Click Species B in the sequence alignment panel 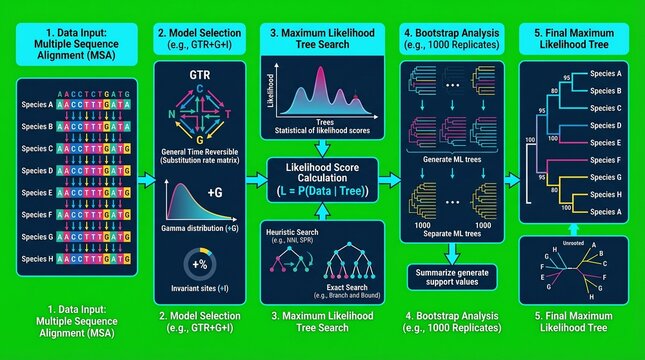[x=36, y=126]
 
